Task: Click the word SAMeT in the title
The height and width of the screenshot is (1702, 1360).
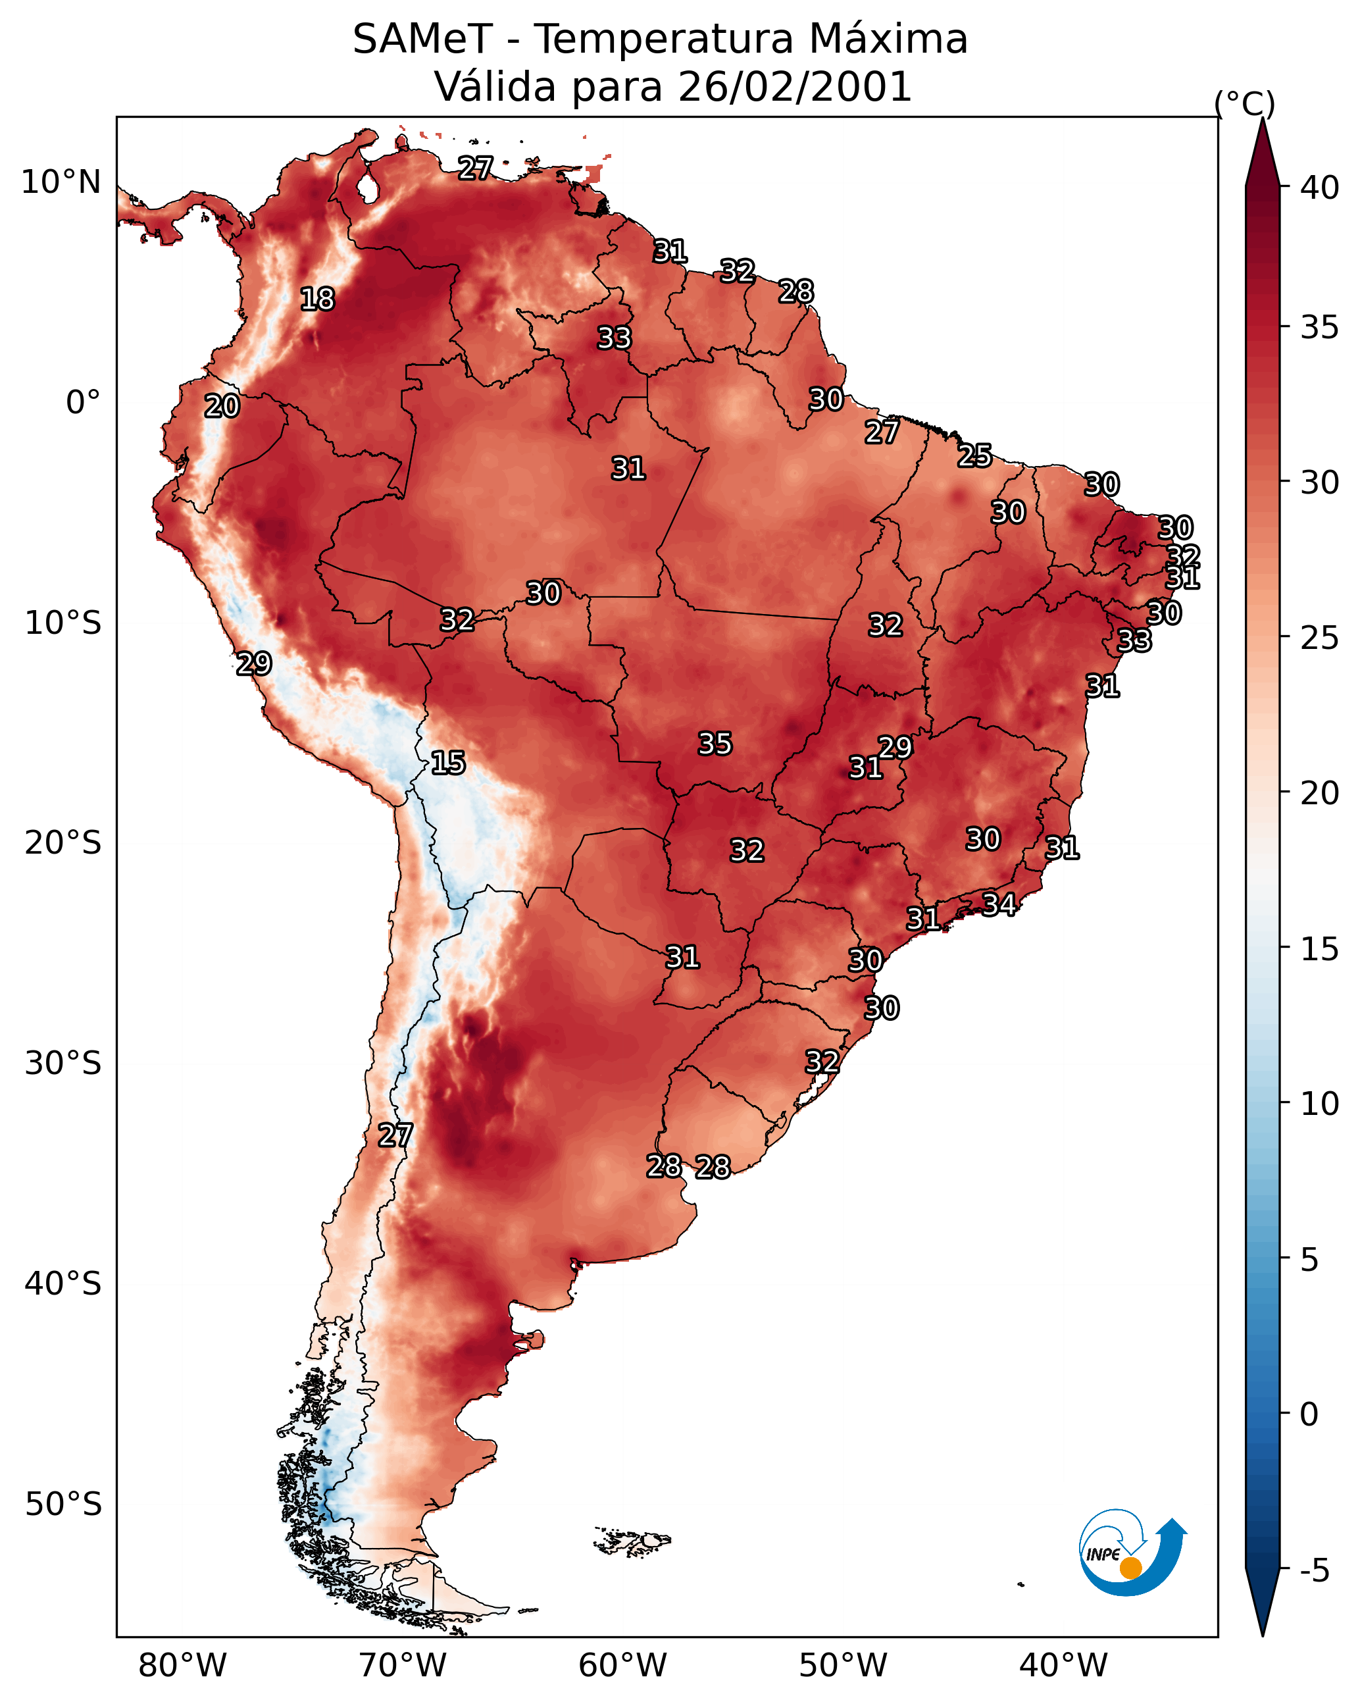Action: [x=422, y=39]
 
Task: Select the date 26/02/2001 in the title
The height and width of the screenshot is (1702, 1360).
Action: [x=794, y=87]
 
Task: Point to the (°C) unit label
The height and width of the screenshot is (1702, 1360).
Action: [x=1244, y=104]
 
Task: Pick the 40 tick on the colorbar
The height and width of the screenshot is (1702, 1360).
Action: [x=1320, y=188]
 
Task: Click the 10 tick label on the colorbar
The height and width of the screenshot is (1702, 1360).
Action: [x=1320, y=1104]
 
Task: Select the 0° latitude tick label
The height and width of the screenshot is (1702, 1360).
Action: [x=83, y=403]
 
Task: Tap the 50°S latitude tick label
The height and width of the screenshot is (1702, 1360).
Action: [x=63, y=1505]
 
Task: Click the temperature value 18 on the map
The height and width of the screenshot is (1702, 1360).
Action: [x=317, y=299]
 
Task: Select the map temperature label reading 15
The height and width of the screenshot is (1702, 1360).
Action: [x=447, y=763]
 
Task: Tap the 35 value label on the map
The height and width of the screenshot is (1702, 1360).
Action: [x=715, y=744]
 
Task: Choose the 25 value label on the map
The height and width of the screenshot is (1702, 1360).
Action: [x=975, y=455]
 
